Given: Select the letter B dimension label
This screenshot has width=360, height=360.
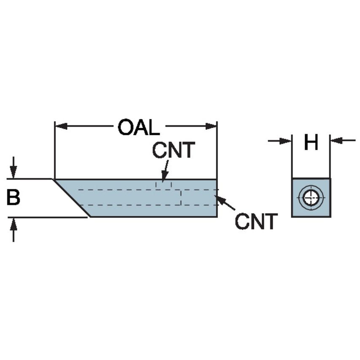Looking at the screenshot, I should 13,197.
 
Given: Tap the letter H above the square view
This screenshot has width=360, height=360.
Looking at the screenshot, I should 311,143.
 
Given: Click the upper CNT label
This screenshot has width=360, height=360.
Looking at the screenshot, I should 174,150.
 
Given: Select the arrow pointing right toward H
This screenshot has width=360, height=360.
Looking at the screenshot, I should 285,141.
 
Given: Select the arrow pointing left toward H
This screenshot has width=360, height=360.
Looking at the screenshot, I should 337,141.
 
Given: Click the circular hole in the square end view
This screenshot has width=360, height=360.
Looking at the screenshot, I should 311,197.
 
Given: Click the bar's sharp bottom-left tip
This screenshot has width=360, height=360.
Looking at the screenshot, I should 90,217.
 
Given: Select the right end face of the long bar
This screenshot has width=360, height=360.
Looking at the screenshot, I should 217,198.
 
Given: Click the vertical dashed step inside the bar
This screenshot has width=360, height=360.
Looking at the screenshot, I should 181,197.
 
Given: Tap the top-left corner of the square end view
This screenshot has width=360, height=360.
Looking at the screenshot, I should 292,178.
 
